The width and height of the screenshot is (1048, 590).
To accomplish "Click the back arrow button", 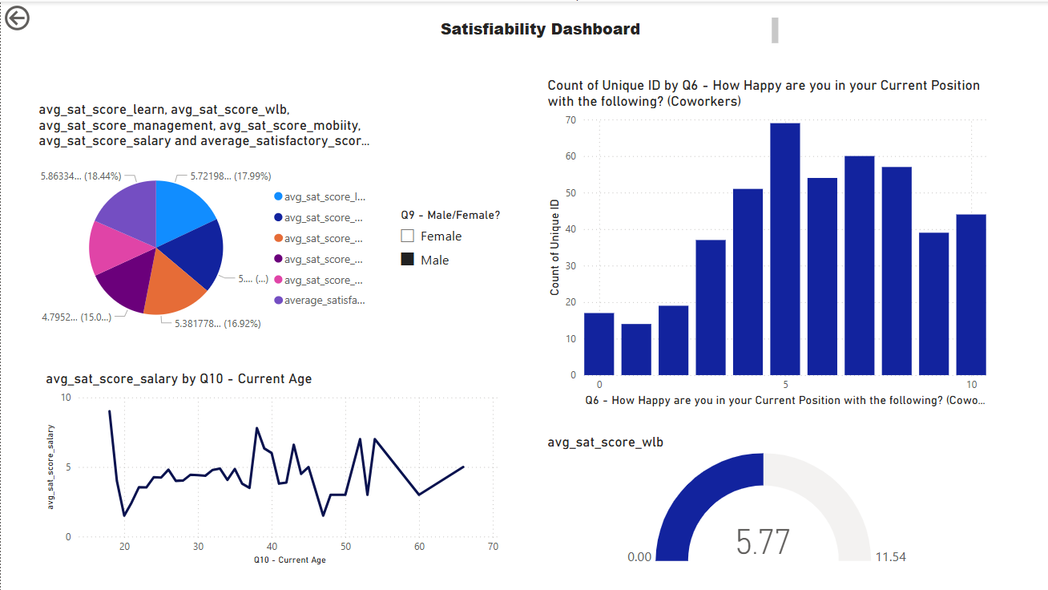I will pyautogui.click(x=17, y=18).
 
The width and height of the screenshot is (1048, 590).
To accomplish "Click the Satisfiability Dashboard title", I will pyautogui.click(x=540, y=30).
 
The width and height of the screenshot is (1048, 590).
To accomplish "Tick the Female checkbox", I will pyautogui.click(x=407, y=236).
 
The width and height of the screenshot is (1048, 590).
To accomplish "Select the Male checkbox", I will pyautogui.click(x=407, y=260).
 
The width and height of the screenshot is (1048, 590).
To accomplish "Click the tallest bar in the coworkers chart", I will pyautogui.click(x=784, y=249).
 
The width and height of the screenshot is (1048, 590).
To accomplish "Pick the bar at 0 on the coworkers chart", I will pyautogui.click(x=599, y=344).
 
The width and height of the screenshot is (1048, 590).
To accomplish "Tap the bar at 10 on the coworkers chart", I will pyautogui.click(x=971, y=294).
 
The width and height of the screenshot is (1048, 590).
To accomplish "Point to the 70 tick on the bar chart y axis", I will pyautogui.click(x=570, y=119).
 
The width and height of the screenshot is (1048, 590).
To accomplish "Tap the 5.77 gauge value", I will pyautogui.click(x=763, y=542).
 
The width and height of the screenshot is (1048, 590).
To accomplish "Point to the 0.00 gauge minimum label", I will pyautogui.click(x=639, y=556).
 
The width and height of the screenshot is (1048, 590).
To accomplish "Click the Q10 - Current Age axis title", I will pyautogui.click(x=289, y=560).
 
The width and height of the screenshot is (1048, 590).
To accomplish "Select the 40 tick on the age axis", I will pyautogui.click(x=272, y=547).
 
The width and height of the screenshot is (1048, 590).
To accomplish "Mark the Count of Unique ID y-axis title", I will pyautogui.click(x=554, y=247).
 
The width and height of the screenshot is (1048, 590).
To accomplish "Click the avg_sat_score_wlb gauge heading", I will pyautogui.click(x=605, y=442).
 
